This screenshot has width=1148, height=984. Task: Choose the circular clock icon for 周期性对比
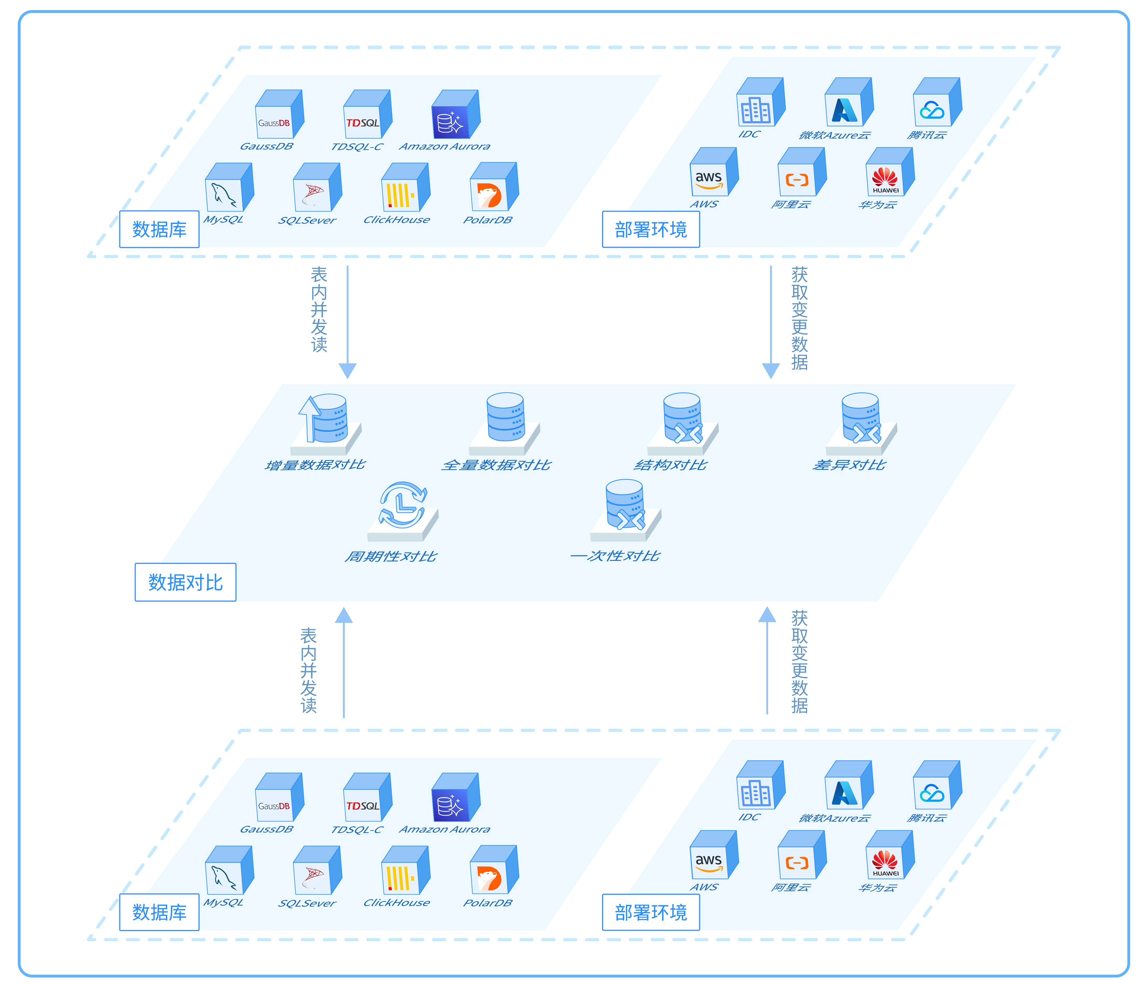pyautogui.click(x=403, y=505)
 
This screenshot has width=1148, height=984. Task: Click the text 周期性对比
pyautogui.click(x=391, y=556)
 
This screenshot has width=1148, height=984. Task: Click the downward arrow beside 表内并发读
pyautogui.click(x=347, y=321)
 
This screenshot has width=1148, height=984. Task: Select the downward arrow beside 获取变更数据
pyautogui.click(x=771, y=321)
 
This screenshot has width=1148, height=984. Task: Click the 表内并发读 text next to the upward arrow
pyautogui.click(x=309, y=671)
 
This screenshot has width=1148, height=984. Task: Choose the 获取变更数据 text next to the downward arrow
pyautogui.click(x=800, y=318)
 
